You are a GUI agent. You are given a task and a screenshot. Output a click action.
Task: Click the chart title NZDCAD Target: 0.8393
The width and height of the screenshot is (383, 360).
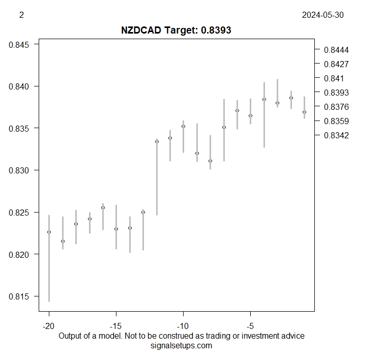point(176,30)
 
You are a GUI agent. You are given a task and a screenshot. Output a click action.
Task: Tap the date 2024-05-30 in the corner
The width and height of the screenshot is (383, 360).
point(322,15)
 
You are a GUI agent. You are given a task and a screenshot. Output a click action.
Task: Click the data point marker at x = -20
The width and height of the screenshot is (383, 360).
point(49,232)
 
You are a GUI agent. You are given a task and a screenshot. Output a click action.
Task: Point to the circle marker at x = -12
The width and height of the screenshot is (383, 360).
point(157,141)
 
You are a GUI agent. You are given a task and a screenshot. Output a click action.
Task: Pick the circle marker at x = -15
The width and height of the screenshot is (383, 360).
point(116,229)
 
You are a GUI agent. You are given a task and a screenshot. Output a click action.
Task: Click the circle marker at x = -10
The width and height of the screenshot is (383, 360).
point(184,126)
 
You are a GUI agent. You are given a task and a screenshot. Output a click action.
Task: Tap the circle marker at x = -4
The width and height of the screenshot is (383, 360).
point(264,99)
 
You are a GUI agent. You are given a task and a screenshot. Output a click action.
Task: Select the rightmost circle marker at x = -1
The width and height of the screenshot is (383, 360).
point(304,112)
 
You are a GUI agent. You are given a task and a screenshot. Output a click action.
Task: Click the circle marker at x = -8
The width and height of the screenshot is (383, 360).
point(210,161)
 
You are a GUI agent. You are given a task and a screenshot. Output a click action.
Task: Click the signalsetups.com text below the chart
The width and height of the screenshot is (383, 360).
point(182,346)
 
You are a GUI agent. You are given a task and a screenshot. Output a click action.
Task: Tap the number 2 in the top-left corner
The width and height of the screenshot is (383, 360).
point(21,15)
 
